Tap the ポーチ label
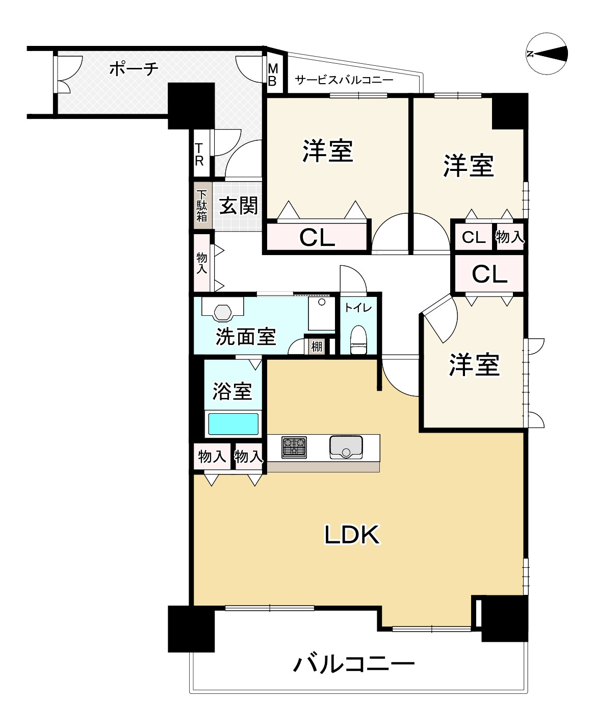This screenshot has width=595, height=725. [x=134, y=68]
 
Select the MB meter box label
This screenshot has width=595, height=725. [x=272, y=75]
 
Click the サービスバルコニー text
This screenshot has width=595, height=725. [x=344, y=80]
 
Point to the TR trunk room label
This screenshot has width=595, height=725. [x=199, y=154]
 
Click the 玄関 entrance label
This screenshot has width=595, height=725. [x=238, y=206]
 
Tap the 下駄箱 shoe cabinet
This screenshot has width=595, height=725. [x=202, y=205]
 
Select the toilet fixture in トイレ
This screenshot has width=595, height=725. [x=358, y=340]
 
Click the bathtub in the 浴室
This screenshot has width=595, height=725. [x=233, y=424]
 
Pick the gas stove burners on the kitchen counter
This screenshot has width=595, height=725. [x=294, y=446]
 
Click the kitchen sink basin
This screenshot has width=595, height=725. [x=346, y=446]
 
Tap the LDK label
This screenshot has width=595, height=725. [x=352, y=535]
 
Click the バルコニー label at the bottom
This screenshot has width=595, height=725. [x=354, y=664]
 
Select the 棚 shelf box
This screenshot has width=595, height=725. [x=317, y=346]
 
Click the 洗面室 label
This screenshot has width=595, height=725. [x=246, y=336]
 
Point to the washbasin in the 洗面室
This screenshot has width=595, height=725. [x=223, y=311]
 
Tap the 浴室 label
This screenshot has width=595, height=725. [x=232, y=391]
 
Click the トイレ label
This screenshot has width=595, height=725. [x=358, y=308]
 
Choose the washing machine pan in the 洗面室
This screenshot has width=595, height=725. [x=321, y=313]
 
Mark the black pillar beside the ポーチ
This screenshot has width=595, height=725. [x=191, y=105]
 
